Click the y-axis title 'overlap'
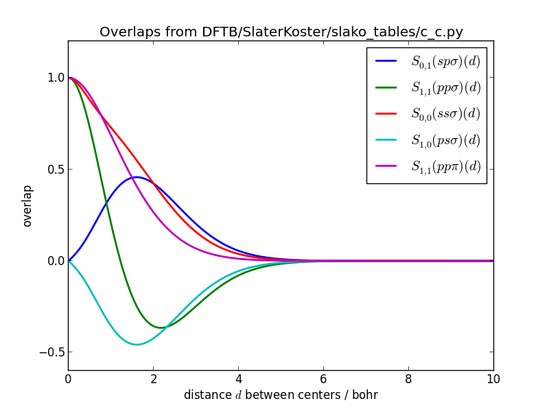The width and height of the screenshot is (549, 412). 27,205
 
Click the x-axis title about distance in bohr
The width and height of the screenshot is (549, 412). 281,395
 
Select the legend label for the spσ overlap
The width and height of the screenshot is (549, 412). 445,61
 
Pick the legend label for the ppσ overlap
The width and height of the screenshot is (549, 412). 445,87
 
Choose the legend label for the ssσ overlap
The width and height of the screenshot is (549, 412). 445,113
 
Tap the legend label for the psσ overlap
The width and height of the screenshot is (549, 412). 445,140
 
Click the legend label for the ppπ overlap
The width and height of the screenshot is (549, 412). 445,166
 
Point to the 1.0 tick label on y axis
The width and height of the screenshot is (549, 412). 55,78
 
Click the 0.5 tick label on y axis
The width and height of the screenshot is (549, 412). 55,170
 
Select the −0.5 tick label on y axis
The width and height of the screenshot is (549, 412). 52,352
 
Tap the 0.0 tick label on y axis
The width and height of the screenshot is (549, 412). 55,261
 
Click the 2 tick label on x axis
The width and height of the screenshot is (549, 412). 153,378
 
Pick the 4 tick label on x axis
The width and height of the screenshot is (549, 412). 238,378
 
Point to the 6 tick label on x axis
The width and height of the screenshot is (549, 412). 323,378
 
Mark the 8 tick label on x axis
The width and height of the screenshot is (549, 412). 408,378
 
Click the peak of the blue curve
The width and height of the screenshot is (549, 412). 136,177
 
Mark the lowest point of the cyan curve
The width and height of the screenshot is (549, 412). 136,344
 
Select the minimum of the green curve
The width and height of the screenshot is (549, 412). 162,327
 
